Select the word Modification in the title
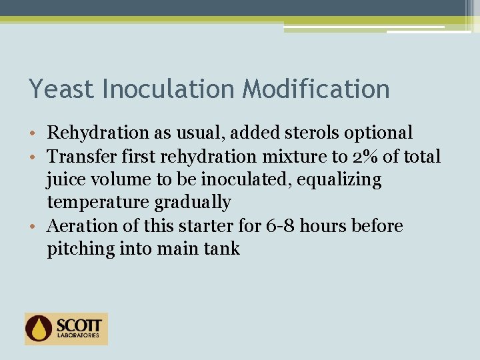pos(316,89)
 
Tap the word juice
pos(64,180)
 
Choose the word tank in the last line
pos(223,249)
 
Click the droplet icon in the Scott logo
pos(39,328)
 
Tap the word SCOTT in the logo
pos(79,325)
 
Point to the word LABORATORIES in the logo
pos(79,336)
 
